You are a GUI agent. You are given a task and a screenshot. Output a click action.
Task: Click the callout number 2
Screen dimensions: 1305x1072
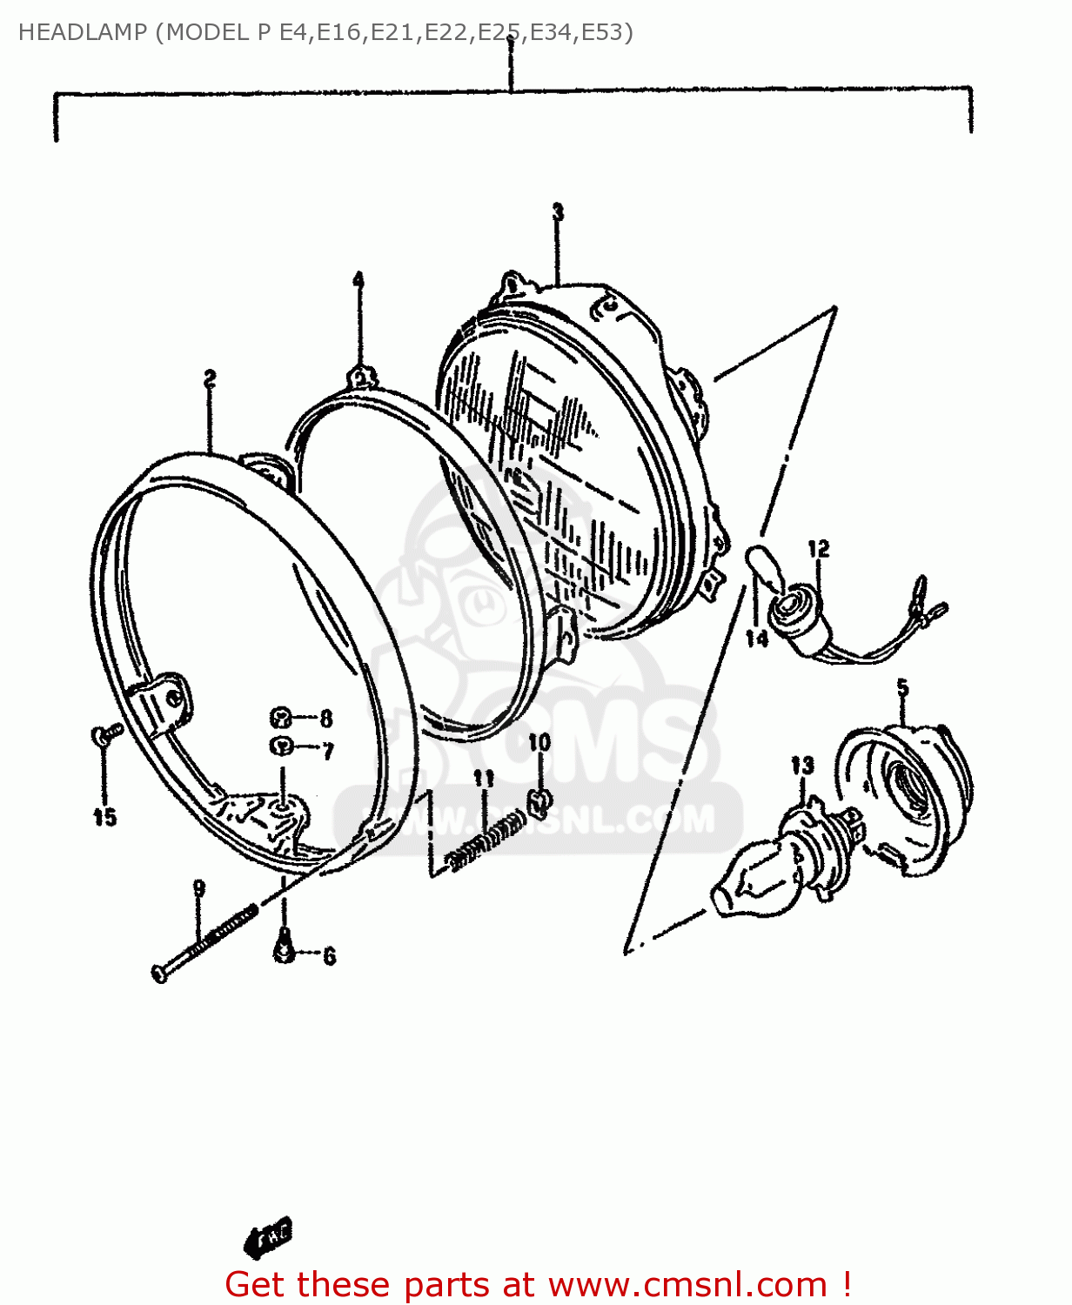[210, 378]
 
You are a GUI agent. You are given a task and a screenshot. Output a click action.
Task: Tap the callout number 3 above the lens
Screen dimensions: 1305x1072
[558, 211]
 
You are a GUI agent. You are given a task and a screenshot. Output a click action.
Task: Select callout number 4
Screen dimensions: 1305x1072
[358, 280]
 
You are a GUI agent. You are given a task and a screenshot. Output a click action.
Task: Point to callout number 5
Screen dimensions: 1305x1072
[902, 688]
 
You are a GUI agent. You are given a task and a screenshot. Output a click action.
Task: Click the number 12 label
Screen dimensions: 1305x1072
[819, 549]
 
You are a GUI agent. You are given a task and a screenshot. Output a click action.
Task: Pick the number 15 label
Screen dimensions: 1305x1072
[105, 817]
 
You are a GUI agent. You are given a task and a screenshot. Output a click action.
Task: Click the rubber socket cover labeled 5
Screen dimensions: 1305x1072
[909, 792]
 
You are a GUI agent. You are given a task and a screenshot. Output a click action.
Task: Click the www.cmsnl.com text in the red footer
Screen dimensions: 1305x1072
[687, 1284]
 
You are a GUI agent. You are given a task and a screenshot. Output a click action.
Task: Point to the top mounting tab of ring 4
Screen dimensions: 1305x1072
[360, 378]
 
